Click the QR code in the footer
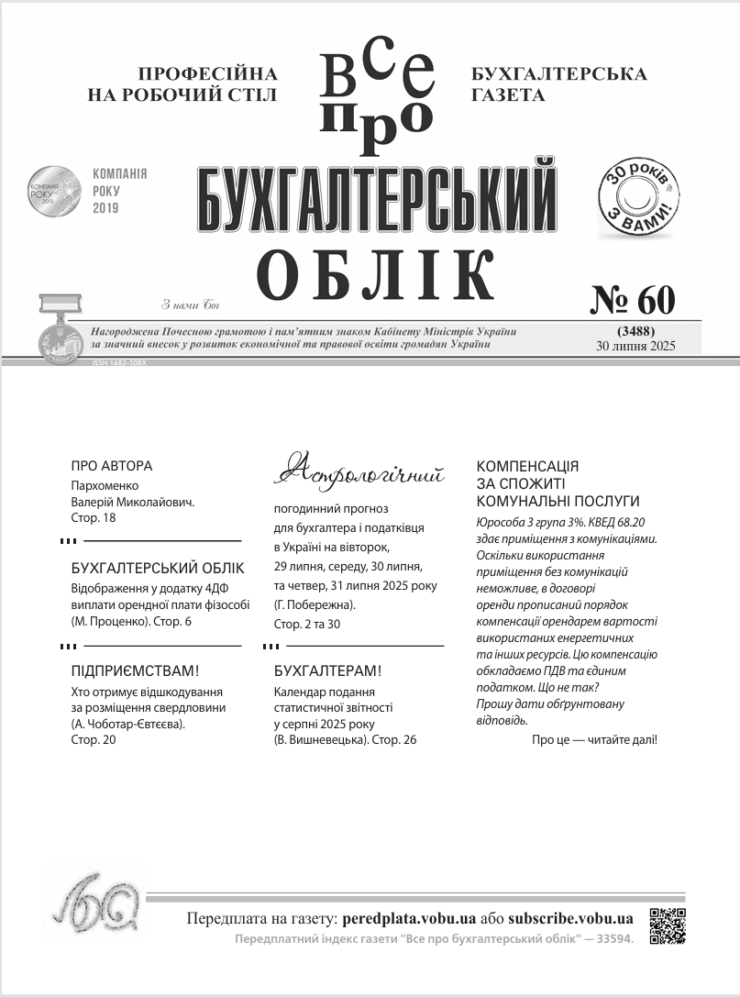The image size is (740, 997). click(668, 925)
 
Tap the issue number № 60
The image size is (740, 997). click(632, 300)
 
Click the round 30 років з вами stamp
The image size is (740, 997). click(640, 196)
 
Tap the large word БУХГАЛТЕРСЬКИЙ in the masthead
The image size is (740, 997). click(377, 198)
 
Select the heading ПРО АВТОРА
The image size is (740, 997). click(111, 466)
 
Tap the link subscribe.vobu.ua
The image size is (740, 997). click(570, 918)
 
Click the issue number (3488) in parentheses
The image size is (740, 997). click(635, 330)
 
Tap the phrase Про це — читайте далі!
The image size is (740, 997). click(594, 739)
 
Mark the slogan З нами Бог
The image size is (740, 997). click(191, 305)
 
